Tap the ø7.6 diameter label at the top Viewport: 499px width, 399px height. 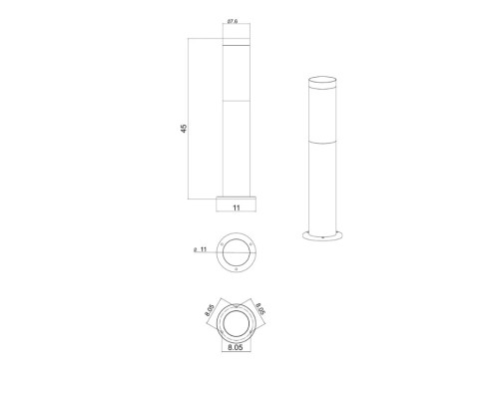point(232,21)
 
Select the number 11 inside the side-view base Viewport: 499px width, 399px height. point(237,209)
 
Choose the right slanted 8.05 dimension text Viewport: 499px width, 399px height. point(261,312)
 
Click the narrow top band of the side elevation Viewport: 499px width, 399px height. point(238,44)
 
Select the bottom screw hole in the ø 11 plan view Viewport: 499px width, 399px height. point(238,268)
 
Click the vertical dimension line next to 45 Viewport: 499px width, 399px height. point(191,120)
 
